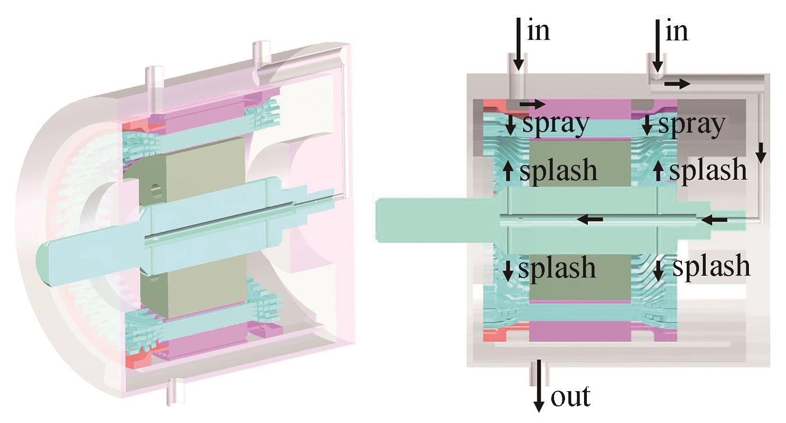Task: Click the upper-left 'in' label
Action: pyautogui.click(x=538, y=31)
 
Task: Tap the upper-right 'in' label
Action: pyautogui.click(x=677, y=31)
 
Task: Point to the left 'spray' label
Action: pyautogui.click(x=556, y=124)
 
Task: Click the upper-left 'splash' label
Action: pyautogui.click(x=558, y=170)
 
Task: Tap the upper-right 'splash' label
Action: pyautogui.click(x=708, y=170)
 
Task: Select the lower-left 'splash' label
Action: pyautogui.click(x=557, y=268)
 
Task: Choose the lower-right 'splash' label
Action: pyautogui.click(x=711, y=266)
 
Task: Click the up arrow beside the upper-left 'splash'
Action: pyautogui.click(x=508, y=170)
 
